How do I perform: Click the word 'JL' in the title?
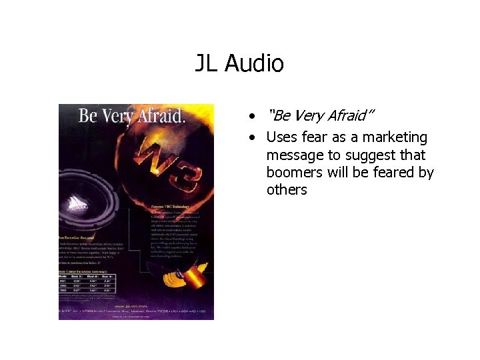[207, 64]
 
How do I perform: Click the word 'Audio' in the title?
[255, 64]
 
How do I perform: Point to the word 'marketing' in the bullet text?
[398, 138]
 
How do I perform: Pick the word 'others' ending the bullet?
[287, 190]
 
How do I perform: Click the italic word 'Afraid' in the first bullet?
[347, 116]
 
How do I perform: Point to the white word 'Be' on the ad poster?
[89, 116]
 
